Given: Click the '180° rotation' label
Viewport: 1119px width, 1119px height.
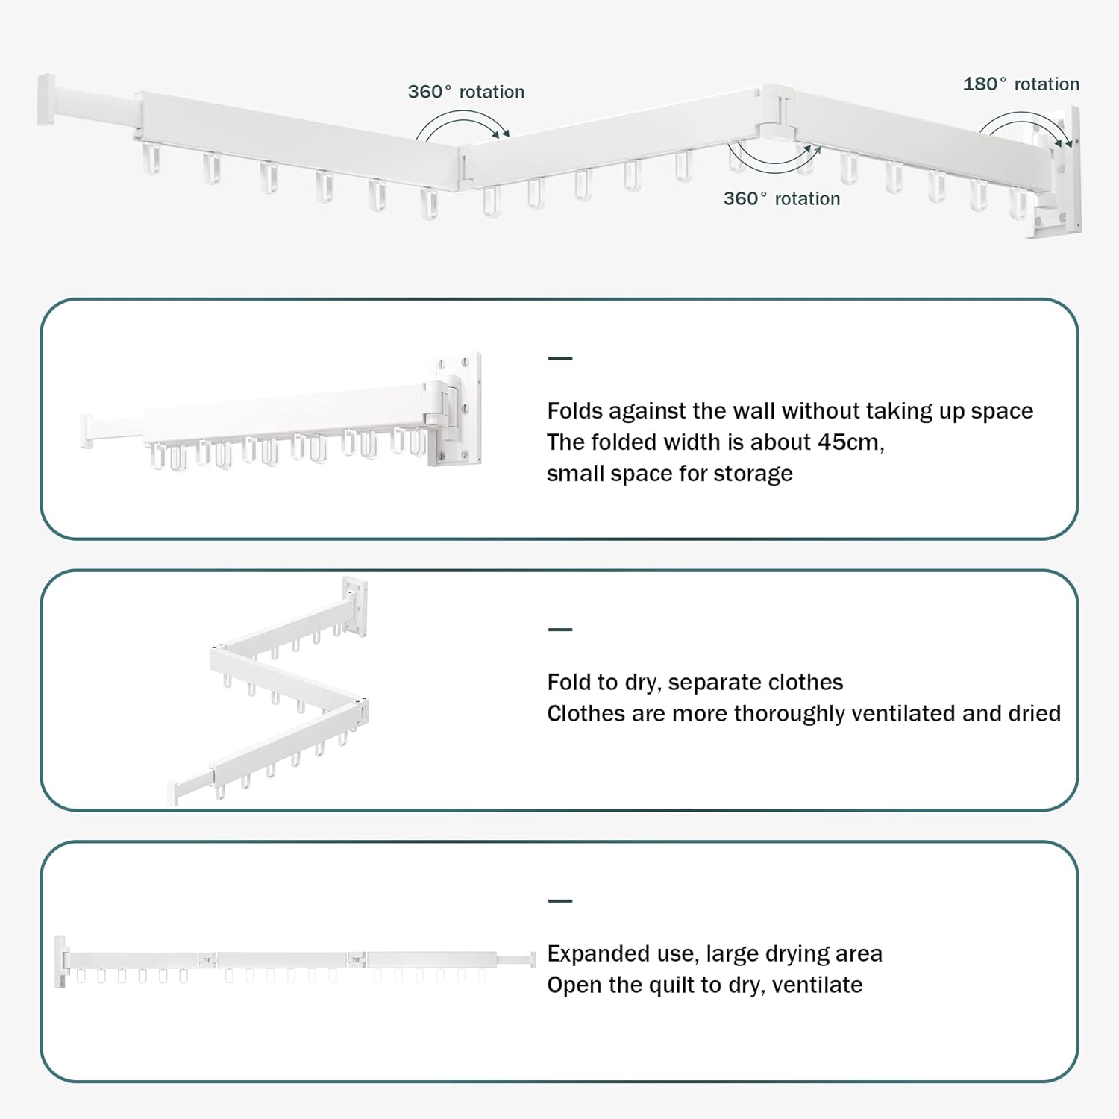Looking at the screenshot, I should (1021, 84).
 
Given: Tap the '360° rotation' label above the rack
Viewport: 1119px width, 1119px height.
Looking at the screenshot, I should (466, 92).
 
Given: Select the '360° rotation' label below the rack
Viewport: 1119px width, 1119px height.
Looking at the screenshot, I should (781, 199).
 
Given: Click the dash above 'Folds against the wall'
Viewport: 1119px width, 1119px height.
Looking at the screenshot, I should (559, 359).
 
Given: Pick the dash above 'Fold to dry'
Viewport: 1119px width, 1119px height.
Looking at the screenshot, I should (559, 630).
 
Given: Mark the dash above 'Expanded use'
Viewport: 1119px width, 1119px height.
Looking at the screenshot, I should (559, 901).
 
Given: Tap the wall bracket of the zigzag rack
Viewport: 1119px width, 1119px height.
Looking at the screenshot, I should (355, 606).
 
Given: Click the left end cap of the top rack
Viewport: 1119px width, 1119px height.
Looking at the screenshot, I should (46, 99).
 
